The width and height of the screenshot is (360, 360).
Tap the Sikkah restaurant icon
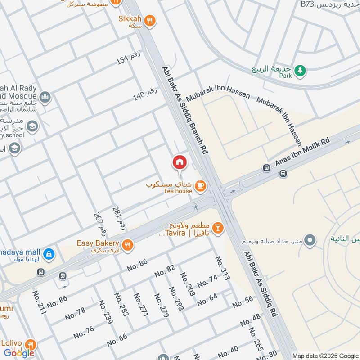151,20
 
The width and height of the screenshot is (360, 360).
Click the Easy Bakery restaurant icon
128,244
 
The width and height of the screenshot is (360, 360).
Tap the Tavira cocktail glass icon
218,228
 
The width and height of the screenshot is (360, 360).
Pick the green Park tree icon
300,70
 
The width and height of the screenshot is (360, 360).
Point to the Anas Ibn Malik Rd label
302,153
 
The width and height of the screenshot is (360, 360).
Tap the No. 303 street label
188,284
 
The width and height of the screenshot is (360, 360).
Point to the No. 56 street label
243,304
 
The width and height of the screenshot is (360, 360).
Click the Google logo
19,353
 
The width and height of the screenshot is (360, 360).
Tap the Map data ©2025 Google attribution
325,355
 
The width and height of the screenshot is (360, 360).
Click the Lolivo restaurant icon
31,345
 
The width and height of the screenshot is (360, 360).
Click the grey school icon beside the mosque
31,126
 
